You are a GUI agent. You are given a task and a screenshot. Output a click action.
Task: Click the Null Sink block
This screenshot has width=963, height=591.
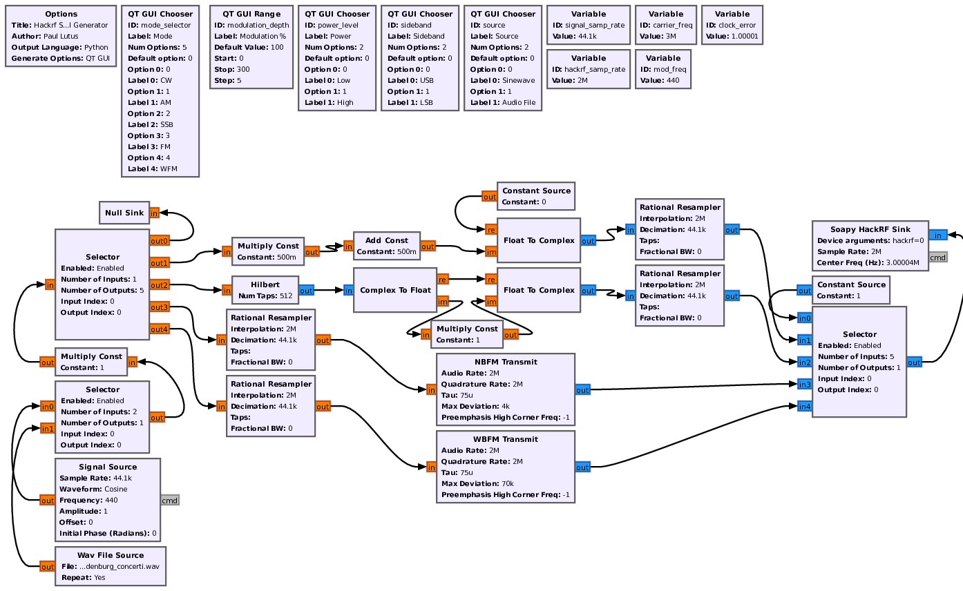(124, 213)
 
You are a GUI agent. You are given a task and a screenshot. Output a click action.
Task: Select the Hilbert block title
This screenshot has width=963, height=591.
(265, 284)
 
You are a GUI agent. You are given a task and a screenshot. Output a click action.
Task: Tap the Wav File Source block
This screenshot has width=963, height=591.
(111, 566)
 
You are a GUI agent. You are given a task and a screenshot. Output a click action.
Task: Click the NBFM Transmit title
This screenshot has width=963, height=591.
(506, 362)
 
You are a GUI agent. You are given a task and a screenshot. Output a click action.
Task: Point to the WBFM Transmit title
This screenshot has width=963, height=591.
(506, 439)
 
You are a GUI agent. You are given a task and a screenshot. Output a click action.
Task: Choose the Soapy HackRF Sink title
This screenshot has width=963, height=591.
(870, 229)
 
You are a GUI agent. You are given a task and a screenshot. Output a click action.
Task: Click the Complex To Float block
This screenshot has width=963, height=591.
(394, 290)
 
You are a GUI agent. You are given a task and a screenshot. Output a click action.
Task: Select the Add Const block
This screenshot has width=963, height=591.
(386, 246)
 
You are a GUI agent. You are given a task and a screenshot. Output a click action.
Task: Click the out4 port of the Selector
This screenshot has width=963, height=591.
(160, 329)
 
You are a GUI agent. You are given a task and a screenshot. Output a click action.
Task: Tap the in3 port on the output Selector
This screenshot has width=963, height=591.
(804, 385)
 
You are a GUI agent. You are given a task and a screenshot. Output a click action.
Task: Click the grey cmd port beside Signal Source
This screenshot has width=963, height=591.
(169, 501)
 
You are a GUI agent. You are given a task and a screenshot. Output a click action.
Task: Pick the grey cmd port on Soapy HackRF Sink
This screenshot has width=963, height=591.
(937, 258)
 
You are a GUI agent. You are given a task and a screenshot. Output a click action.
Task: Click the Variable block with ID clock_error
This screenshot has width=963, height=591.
(732, 25)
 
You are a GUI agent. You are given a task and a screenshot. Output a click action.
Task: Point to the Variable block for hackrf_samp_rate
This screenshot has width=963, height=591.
(589, 69)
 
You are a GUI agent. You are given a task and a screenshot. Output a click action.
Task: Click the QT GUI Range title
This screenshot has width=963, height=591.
(251, 14)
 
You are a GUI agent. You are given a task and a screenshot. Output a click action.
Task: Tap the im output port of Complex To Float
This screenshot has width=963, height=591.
(443, 302)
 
